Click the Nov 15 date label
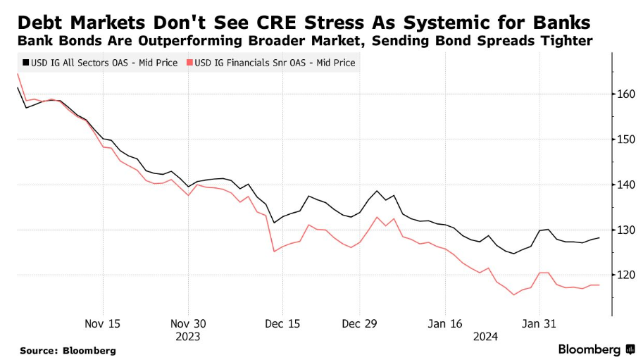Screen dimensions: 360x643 tap(103, 323)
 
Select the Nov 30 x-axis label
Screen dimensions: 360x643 tap(189, 323)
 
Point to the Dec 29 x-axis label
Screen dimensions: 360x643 tap(359, 323)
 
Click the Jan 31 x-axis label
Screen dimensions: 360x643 tap(539, 323)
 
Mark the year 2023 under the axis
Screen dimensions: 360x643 tap(189, 336)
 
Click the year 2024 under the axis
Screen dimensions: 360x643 tap(486, 336)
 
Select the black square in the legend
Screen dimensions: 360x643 tap(25, 63)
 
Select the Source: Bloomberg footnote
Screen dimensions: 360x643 tap(68, 350)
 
